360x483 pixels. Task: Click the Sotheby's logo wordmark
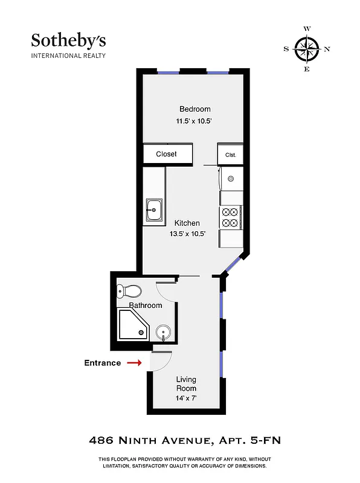(68, 41)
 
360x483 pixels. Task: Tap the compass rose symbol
(307, 49)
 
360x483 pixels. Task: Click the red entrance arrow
(135, 363)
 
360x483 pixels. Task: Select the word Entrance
(102, 363)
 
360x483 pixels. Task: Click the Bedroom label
(194, 109)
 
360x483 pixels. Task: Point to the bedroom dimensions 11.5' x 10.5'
(193, 121)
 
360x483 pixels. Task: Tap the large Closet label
(166, 154)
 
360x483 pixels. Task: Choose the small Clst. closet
(230, 155)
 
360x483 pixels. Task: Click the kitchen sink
(153, 212)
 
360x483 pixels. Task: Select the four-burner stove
(230, 217)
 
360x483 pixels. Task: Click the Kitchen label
(187, 223)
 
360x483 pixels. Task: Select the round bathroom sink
(163, 333)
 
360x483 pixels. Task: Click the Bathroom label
(146, 305)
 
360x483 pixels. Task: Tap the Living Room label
(186, 384)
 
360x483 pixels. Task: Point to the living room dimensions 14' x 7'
(186, 399)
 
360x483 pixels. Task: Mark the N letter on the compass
(327, 49)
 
